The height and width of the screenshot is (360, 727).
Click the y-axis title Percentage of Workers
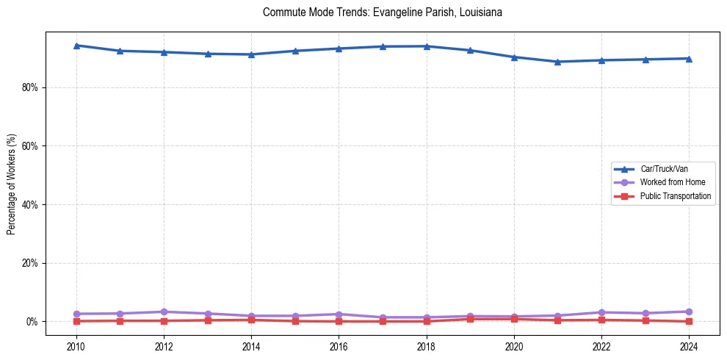tap(12, 184)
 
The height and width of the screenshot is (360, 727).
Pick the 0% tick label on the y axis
tap(32, 322)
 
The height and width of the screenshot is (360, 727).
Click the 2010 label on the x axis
tap(76, 345)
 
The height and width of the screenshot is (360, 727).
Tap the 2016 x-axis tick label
tap(339, 345)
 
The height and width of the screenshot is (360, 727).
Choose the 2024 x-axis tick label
tap(689, 345)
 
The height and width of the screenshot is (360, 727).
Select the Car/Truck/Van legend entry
tap(663, 169)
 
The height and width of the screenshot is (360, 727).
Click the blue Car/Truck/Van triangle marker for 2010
tap(76, 46)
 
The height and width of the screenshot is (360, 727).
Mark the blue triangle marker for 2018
tap(426, 46)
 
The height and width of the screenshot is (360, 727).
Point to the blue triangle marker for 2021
tap(557, 62)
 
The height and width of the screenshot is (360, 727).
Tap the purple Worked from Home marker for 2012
tap(164, 312)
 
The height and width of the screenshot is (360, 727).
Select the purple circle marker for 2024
tap(689, 312)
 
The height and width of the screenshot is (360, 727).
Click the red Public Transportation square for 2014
tap(251, 320)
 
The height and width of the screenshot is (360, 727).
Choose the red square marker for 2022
tap(601, 320)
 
